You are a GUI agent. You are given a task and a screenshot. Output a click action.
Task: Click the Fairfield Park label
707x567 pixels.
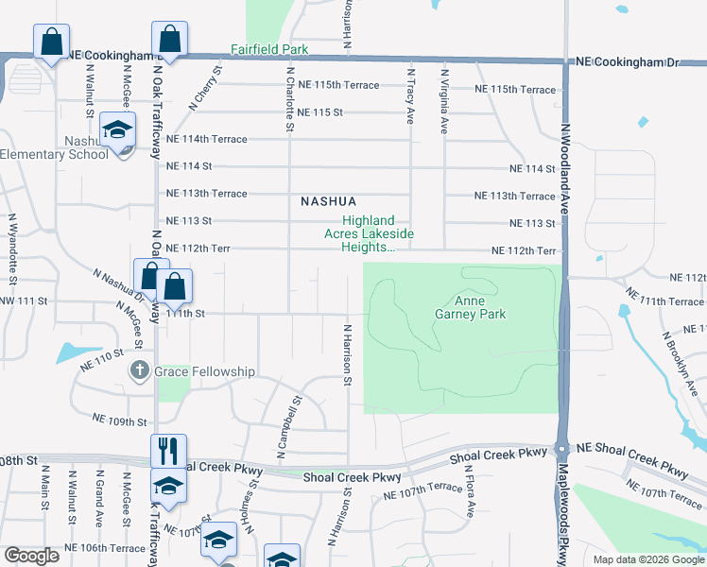[268, 48]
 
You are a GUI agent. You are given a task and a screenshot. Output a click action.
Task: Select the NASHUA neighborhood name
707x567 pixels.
[329, 201]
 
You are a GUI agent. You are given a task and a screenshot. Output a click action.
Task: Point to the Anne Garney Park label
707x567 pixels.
[471, 307]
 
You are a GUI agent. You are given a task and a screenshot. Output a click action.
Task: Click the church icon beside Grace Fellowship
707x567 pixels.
[140, 371]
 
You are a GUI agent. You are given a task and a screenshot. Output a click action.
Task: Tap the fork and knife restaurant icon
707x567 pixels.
[168, 450]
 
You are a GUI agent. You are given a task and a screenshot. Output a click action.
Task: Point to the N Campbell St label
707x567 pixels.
[287, 428]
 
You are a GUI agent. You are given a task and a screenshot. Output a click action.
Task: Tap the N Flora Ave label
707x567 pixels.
[470, 496]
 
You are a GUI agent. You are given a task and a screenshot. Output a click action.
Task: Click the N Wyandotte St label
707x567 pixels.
[12, 248]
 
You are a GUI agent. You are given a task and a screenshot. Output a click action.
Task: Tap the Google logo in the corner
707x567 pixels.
[32, 556]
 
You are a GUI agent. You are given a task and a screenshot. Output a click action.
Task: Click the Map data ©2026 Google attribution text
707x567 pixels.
[648, 559]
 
